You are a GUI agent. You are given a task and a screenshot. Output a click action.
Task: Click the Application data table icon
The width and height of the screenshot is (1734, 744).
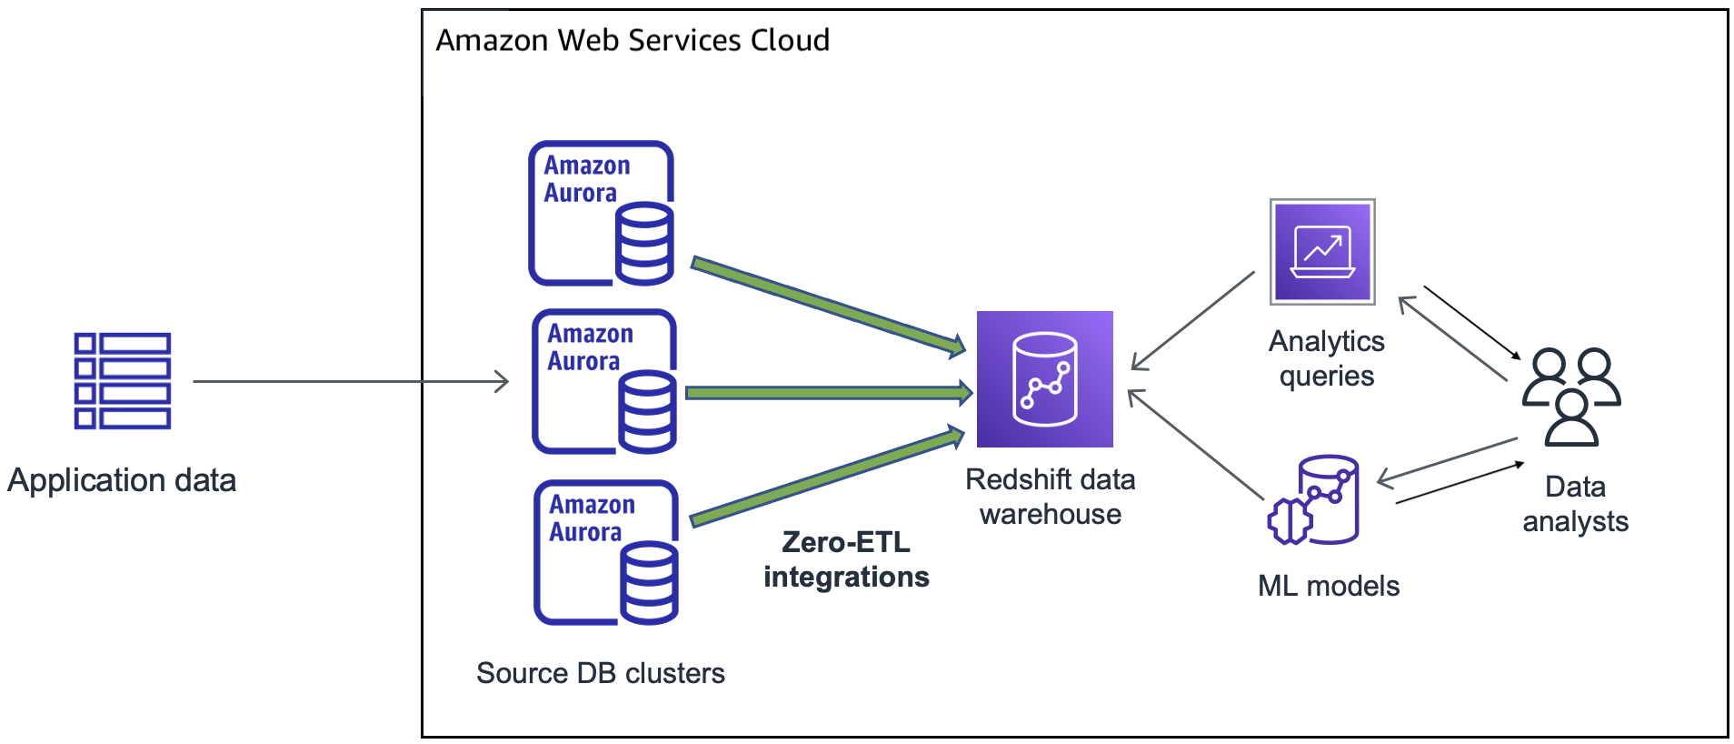click(x=123, y=380)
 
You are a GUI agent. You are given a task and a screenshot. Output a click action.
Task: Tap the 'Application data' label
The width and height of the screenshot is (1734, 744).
click(x=122, y=480)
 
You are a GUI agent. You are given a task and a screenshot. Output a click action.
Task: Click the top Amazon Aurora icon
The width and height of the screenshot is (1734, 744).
click(x=602, y=213)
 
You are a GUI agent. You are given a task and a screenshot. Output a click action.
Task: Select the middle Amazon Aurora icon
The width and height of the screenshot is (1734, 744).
click(x=604, y=381)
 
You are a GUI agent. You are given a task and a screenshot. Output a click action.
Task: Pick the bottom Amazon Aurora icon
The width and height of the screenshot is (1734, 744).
click(x=606, y=552)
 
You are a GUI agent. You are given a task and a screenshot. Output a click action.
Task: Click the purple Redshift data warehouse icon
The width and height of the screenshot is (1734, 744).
click(x=1044, y=379)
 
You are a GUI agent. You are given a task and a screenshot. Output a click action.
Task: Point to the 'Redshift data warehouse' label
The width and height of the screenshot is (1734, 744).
click(x=1050, y=497)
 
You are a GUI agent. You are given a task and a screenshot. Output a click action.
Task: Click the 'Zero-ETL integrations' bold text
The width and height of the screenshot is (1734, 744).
click(x=846, y=559)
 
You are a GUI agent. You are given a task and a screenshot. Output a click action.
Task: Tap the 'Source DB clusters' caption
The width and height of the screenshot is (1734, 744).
click(x=600, y=673)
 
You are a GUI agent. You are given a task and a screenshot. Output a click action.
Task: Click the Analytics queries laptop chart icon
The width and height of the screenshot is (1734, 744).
click(x=1322, y=252)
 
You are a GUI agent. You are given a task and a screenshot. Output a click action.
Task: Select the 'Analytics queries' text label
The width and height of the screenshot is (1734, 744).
click(x=1326, y=358)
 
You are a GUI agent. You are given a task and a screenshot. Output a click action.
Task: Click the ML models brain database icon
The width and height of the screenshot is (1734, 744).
click(x=1313, y=500)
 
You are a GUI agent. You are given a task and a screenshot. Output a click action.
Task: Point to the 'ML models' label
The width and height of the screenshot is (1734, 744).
click(x=1328, y=586)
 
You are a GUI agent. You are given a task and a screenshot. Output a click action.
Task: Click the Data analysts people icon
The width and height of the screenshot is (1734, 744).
click(x=1571, y=397)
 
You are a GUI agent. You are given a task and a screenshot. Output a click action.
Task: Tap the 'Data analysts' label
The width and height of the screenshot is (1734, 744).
click(x=1575, y=504)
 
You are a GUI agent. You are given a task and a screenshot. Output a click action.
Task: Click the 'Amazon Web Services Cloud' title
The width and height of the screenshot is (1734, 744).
click(x=633, y=40)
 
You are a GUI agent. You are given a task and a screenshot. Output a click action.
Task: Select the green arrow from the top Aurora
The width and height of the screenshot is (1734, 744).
click(x=827, y=306)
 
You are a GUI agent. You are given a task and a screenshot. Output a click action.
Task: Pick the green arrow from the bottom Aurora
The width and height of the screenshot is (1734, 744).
click(x=827, y=477)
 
